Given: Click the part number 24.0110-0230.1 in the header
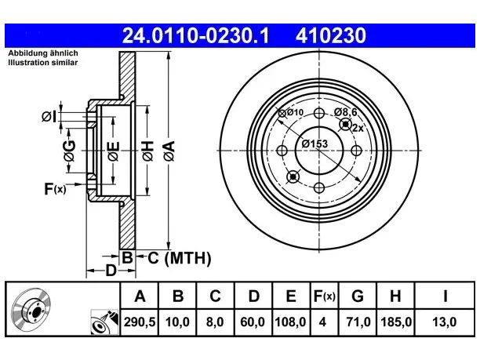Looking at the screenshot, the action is pyautogui.click(x=195, y=35).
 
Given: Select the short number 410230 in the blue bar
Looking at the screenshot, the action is pyautogui.click(x=331, y=35).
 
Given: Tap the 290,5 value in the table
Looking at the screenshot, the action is pyautogui.click(x=140, y=322).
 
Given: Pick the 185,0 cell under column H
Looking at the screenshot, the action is pyautogui.click(x=396, y=322).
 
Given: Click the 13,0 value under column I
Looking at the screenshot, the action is pyautogui.click(x=445, y=322).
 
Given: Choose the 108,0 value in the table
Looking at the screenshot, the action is pyautogui.click(x=290, y=322).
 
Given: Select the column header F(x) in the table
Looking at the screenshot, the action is pyautogui.click(x=325, y=296).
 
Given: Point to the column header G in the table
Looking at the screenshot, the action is pyautogui.click(x=358, y=296).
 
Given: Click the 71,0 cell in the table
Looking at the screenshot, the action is pyautogui.click(x=358, y=322).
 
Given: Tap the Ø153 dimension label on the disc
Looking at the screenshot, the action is pyautogui.click(x=315, y=144).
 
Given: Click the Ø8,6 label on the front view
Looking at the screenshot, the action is pyautogui.click(x=346, y=112).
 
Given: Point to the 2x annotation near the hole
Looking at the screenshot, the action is pyautogui.click(x=358, y=128).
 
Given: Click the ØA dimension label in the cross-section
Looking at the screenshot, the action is pyautogui.click(x=169, y=151).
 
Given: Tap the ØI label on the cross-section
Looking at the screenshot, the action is pyautogui.click(x=49, y=117).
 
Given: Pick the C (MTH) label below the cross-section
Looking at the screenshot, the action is pyautogui.click(x=180, y=258).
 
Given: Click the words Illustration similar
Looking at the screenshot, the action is pyautogui.click(x=43, y=63).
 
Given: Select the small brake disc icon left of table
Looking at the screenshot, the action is pyautogui.click(x=31, y=308).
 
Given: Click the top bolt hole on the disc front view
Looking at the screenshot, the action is pyautogui.click(x=319, y=113).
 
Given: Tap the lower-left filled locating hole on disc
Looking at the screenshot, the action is pyautogui.click(x=293, y=176).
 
